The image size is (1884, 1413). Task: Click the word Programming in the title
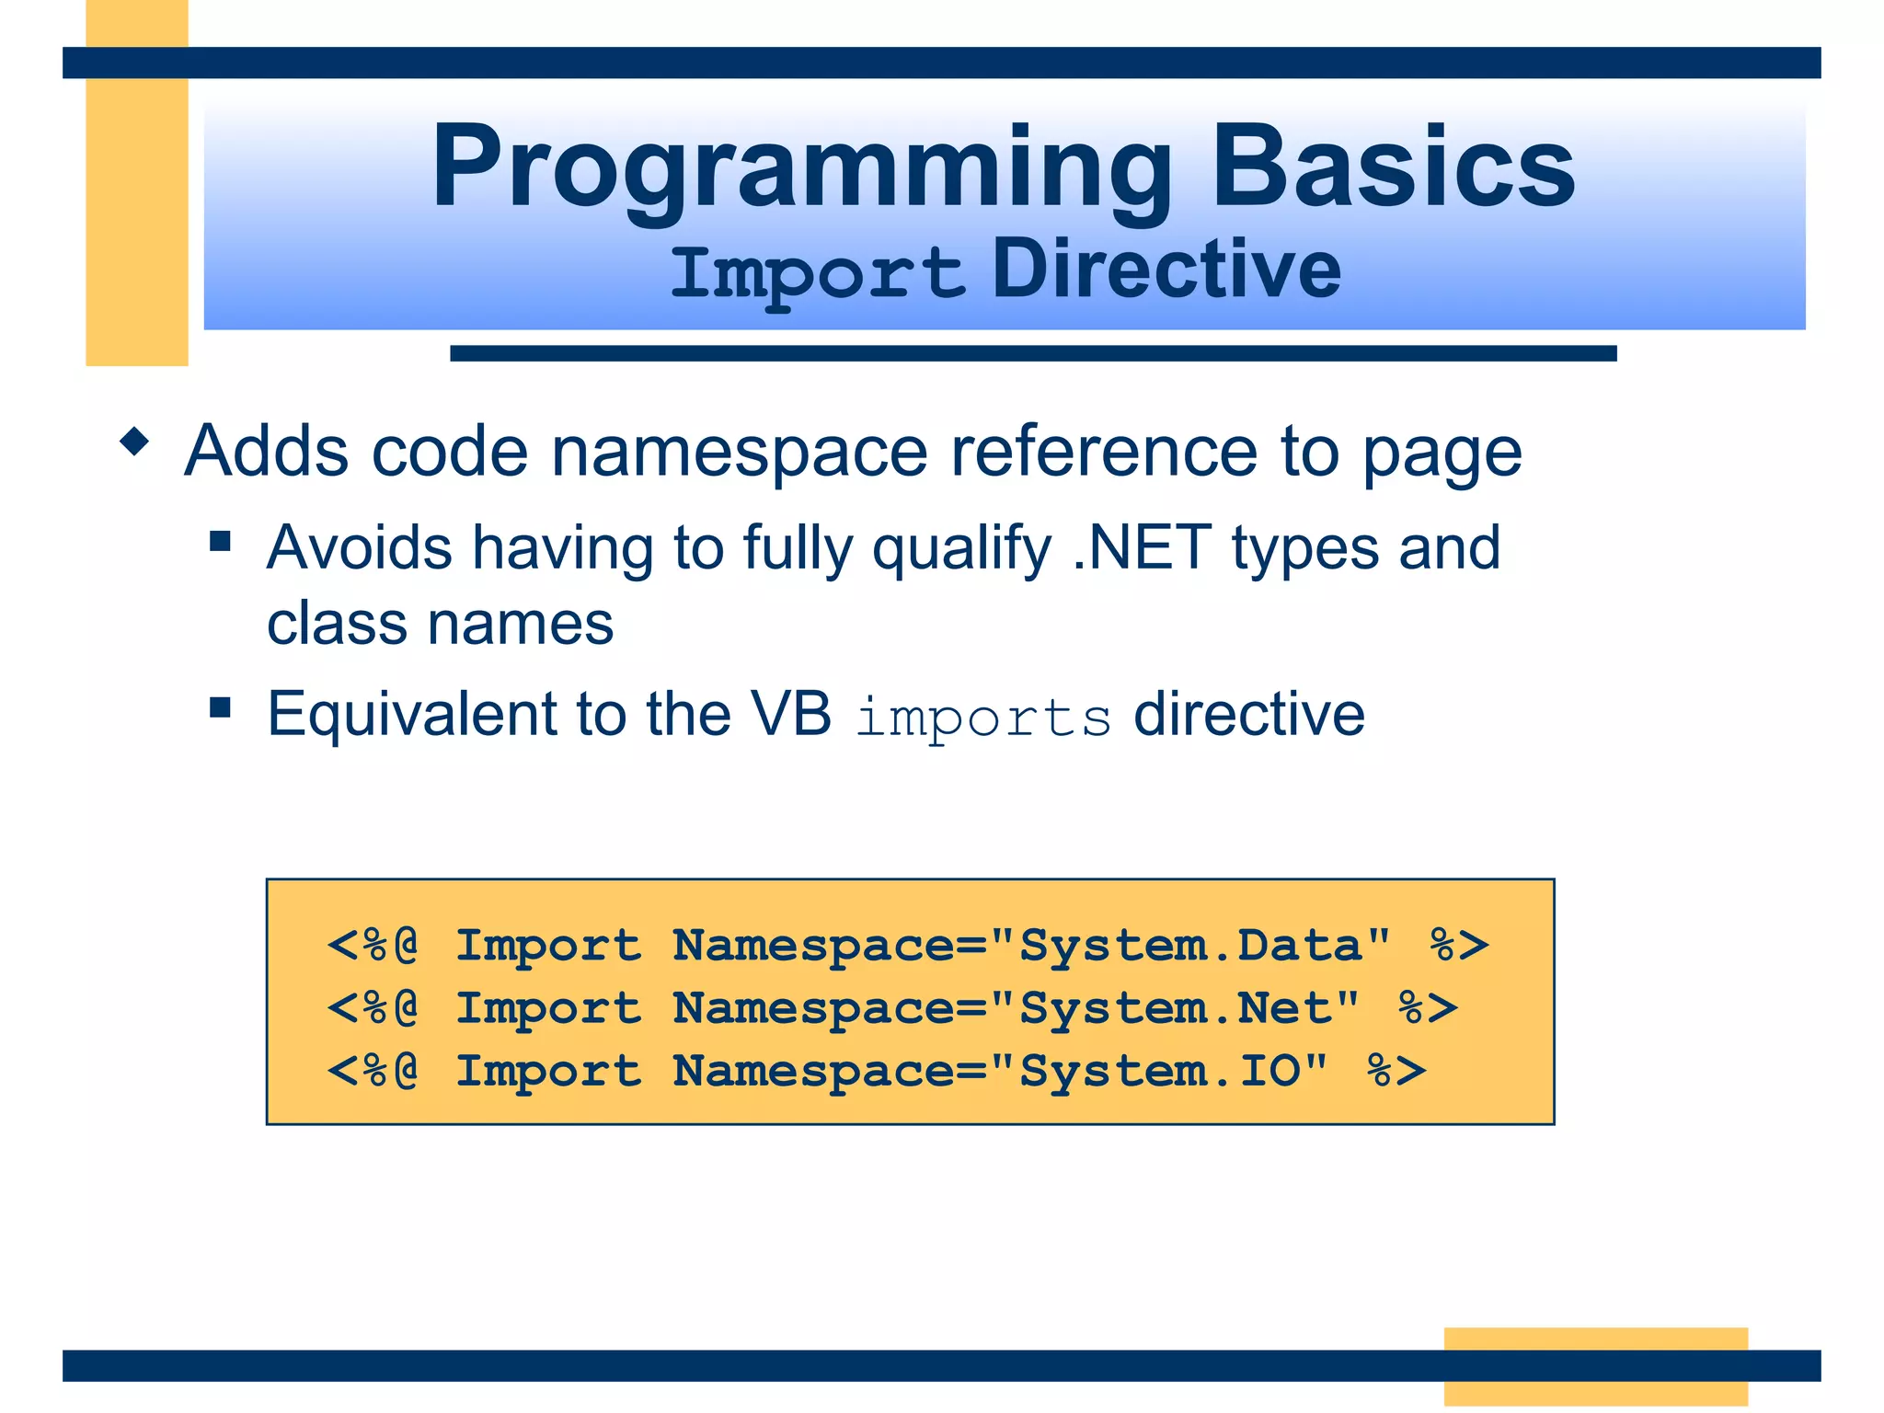coord(800,168)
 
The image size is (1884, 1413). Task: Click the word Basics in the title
coord(1393,168)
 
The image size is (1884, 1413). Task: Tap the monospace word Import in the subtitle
coord(817,272)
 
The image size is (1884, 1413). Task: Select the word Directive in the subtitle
coord(1166,270)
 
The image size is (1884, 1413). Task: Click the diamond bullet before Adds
coord(134,442)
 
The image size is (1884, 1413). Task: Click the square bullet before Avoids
coord(220,541)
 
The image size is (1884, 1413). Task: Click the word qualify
coord(961,550)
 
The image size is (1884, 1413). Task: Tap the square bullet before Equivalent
coord(220,707)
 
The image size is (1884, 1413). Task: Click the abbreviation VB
coord(790,714)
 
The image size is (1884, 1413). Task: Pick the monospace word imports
coord(983,718)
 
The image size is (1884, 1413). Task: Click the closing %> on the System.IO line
coord(1396,1071)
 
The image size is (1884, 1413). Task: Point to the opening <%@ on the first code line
coord(373,946)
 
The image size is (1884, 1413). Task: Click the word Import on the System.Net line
coord(548,1008)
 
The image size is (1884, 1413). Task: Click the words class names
coord(440,624)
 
